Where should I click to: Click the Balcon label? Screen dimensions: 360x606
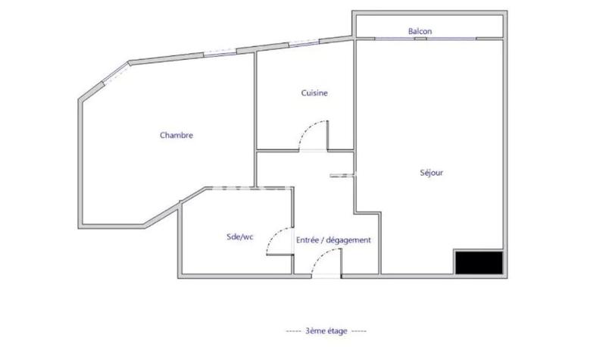420,31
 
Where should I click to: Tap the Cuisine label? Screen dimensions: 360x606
314,93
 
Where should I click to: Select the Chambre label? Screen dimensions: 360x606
176,136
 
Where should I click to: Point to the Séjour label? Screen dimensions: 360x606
431,173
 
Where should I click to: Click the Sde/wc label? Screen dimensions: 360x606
239,237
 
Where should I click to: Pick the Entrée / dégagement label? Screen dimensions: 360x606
333,240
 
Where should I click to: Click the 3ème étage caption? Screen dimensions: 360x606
326,331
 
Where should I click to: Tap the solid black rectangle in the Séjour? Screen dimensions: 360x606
478,262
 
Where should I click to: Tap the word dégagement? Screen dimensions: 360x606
350,240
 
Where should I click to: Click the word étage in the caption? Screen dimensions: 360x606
338,331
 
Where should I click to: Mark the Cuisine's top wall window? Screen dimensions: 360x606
303,42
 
